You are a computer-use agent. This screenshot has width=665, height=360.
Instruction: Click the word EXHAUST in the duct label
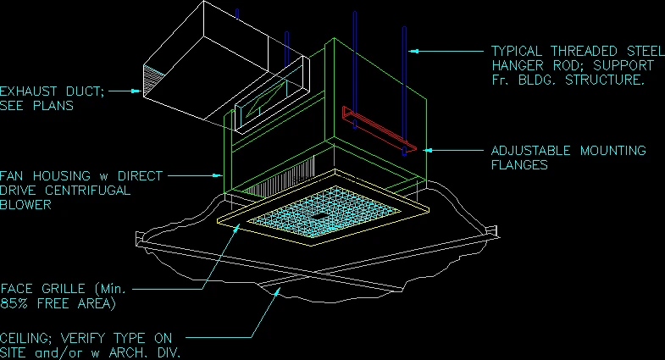tap(29, 91)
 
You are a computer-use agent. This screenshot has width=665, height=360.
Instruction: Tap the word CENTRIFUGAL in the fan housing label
tap(88, 191)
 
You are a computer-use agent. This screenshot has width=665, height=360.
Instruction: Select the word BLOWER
tap(25, 205)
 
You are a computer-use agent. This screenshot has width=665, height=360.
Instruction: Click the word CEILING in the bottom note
tap(25, 339)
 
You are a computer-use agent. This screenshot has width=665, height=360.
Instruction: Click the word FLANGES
tap(519, 165)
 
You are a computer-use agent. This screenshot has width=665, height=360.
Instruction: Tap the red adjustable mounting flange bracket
tap(379, 129)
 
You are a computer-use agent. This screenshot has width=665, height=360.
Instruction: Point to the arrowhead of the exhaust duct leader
tap(136, 91)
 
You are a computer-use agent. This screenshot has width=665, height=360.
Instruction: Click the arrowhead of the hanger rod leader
tap(414, 52)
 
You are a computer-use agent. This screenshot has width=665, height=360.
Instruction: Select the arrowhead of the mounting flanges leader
tap(429, 150)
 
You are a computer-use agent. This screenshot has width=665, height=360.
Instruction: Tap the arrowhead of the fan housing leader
tap(218, 175)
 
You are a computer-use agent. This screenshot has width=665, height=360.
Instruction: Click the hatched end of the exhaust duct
tap(153, 80)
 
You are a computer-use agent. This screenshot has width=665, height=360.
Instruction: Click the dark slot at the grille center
tap(319, 217)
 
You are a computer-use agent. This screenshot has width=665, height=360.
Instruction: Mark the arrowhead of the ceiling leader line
tap(277, 291)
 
